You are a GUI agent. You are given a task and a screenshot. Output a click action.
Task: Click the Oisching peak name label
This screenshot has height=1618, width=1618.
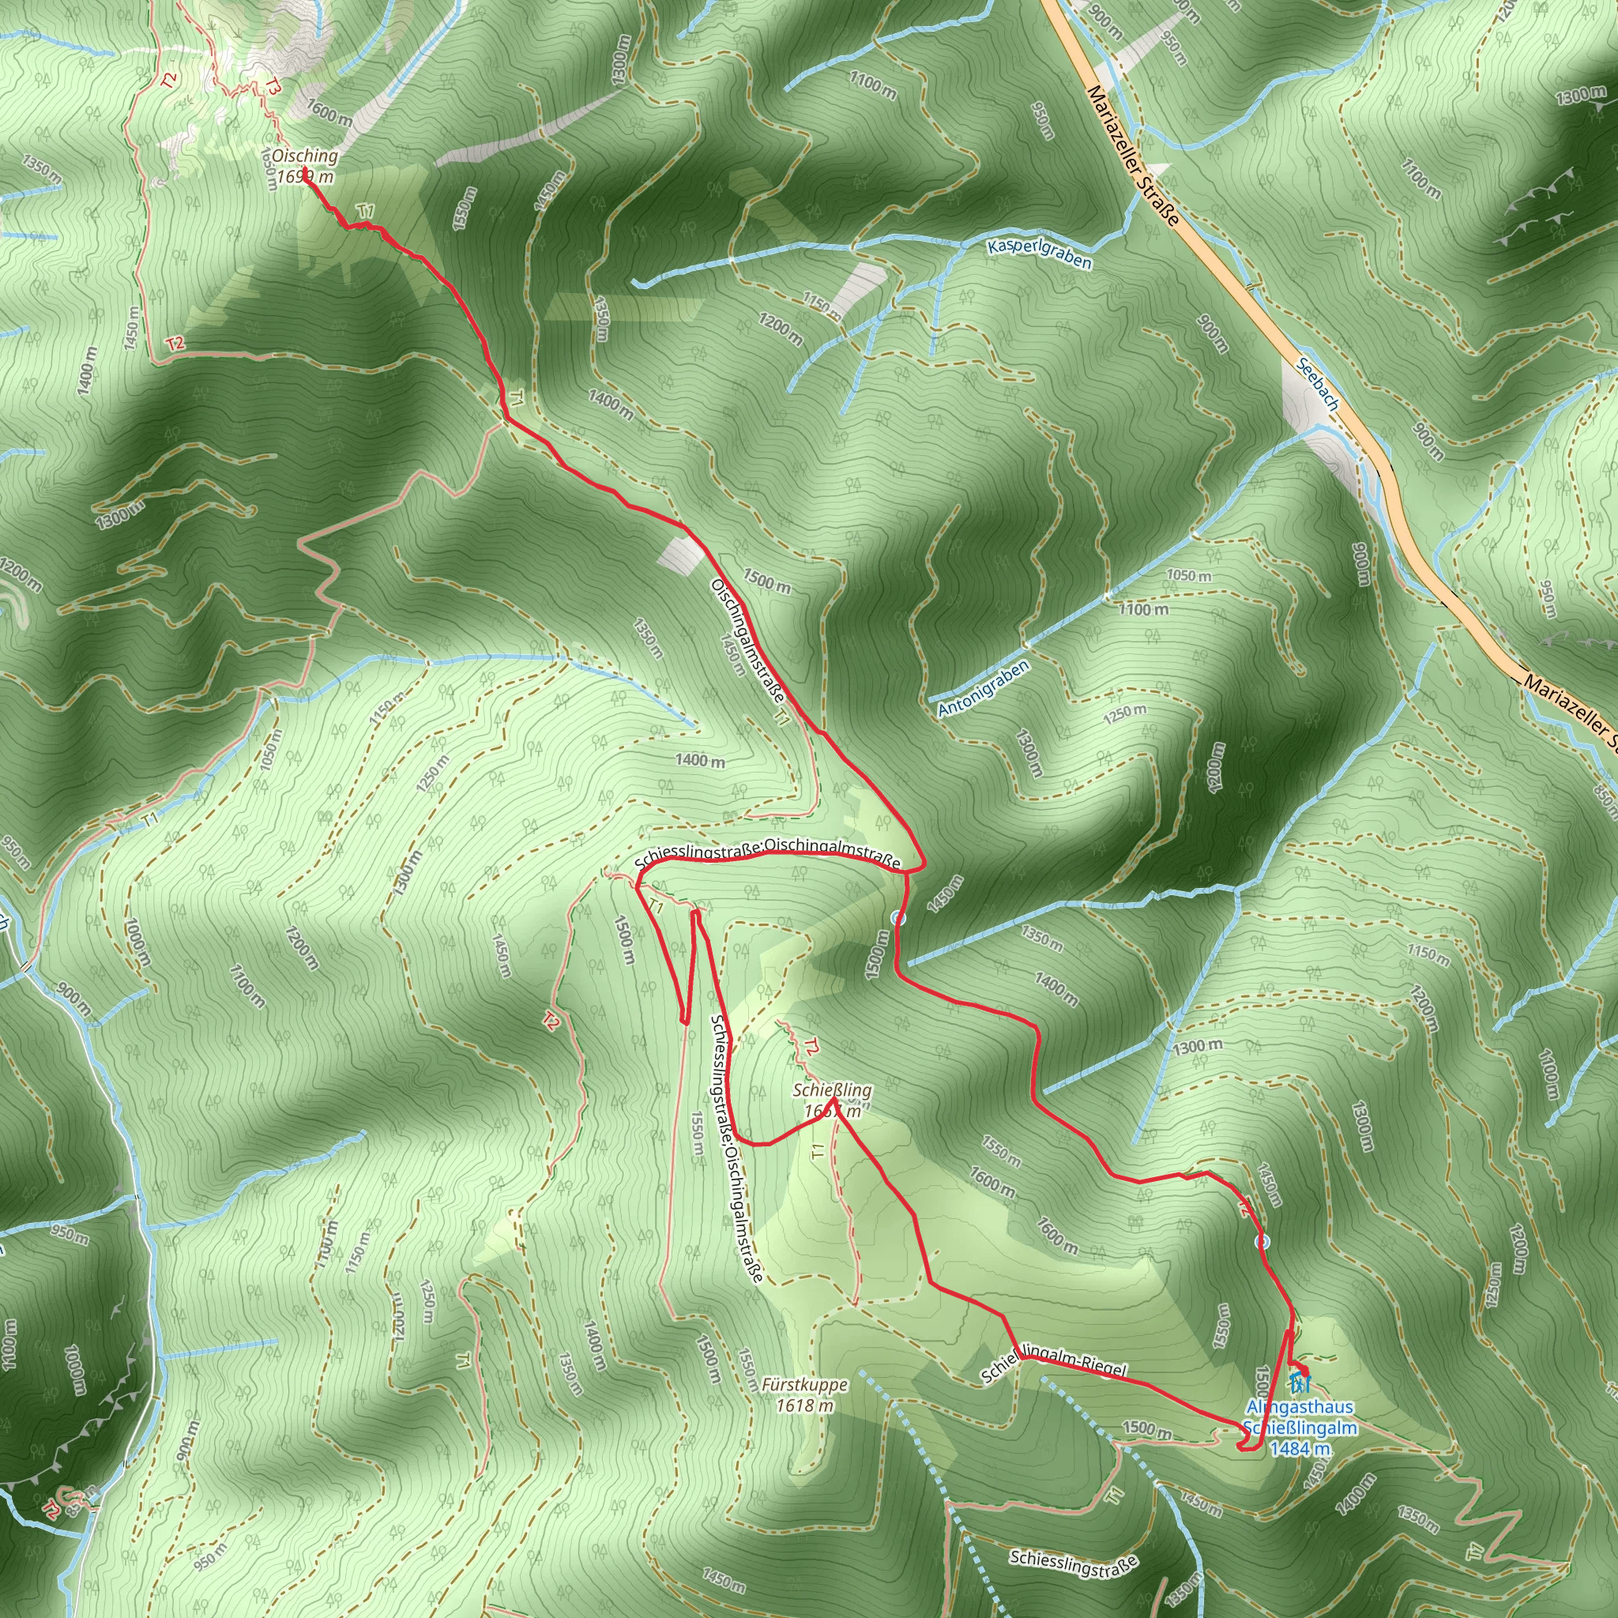[305, 156]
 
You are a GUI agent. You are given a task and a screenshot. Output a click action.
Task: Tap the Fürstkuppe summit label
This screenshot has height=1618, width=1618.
[805, 1385]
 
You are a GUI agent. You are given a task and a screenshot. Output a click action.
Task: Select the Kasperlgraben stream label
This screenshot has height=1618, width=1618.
[1040, 254]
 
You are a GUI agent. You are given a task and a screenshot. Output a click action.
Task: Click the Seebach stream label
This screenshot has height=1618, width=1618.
[1317, 382]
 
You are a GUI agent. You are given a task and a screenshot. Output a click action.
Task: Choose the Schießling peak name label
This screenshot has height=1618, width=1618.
[833, 1090]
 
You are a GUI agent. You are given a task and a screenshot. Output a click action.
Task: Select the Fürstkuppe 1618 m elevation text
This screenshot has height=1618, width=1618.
[805, 1406]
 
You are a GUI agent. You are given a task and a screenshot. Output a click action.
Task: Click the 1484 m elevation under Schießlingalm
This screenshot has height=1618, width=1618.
[1300, 1448]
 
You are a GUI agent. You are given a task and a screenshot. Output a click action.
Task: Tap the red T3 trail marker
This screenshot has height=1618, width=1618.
[274, 86]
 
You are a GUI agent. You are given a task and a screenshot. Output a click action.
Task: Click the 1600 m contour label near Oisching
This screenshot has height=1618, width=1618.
[329, 112]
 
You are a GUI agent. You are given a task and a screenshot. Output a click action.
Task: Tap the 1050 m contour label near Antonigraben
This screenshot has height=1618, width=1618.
[1189, 576]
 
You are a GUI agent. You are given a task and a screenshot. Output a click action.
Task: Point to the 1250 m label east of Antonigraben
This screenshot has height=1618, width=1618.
[1125, 713]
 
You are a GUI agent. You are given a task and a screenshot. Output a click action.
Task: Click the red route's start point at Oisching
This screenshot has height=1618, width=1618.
[306, 173]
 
